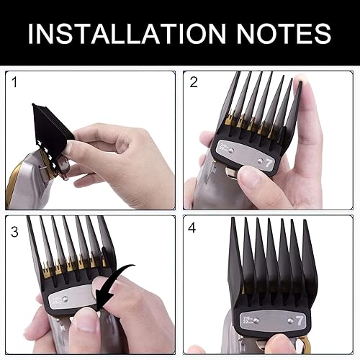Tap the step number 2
click(x=194, y=83)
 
